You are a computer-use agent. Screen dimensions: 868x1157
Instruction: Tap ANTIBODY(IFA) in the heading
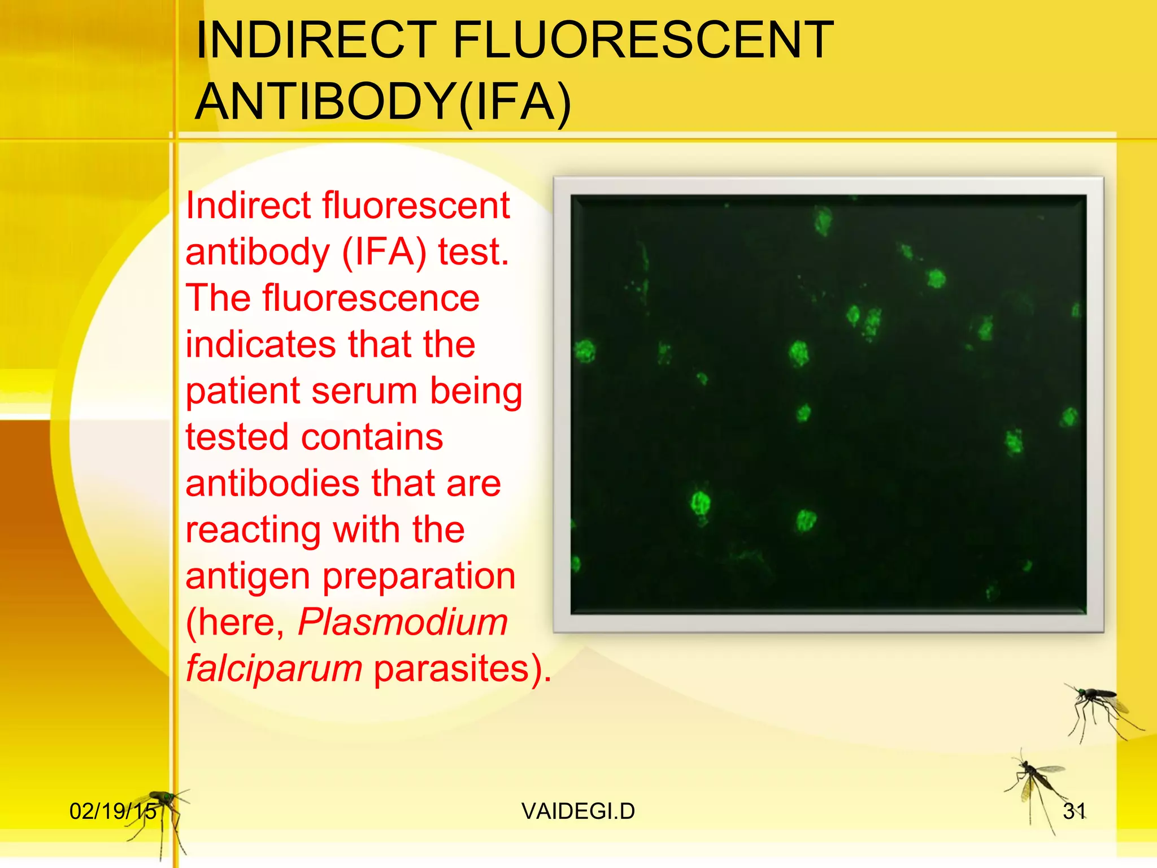(383, 102)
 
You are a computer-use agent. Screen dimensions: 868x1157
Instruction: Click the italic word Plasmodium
(403, 622)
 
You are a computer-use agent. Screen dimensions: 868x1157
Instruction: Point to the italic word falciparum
(274, 669)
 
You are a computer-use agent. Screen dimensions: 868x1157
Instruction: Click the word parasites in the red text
(458, 669)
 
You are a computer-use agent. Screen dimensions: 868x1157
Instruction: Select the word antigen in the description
(249, 577)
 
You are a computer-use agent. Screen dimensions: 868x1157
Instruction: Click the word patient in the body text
(243, 390)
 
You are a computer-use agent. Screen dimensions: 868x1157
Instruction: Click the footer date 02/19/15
(113, 811)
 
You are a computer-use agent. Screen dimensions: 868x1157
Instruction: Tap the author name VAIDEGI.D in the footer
(578, 811)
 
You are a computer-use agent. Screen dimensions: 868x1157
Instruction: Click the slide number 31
(1074, 811)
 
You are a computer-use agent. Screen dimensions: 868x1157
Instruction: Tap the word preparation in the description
(419, 577)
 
